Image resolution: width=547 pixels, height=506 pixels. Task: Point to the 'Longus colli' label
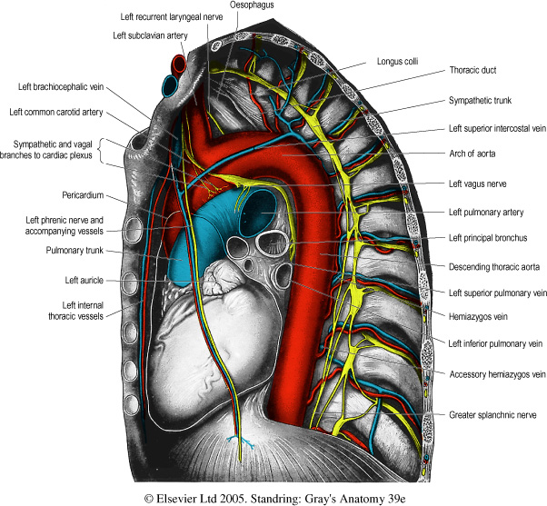pyautogui.click(x=396, y=63)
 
